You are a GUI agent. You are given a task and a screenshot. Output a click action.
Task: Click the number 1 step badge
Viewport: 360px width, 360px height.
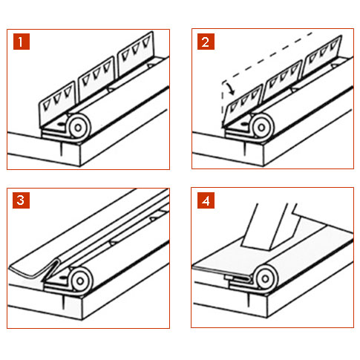point(22,42)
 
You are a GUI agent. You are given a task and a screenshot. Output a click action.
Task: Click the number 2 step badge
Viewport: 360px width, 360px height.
point(206,42)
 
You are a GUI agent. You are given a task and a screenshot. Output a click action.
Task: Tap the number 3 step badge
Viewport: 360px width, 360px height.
point(22,200)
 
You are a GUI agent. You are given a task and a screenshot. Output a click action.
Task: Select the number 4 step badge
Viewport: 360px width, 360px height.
point(206,200)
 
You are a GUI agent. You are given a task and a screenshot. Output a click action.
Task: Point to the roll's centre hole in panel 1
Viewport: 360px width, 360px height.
point(78,128)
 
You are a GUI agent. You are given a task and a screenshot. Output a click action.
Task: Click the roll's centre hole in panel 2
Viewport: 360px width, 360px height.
point(262,128)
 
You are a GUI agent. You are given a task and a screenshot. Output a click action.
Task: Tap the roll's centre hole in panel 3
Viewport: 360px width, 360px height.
point(79,281)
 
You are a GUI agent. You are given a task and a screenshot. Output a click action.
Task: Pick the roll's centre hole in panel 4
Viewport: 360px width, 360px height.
point(265,278)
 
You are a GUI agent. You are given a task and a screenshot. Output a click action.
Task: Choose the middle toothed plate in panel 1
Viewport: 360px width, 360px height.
point(96,79)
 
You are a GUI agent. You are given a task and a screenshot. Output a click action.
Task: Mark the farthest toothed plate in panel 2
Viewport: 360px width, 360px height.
point(322,56)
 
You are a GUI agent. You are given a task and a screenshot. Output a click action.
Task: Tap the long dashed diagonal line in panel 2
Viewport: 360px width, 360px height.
point(267,57)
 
